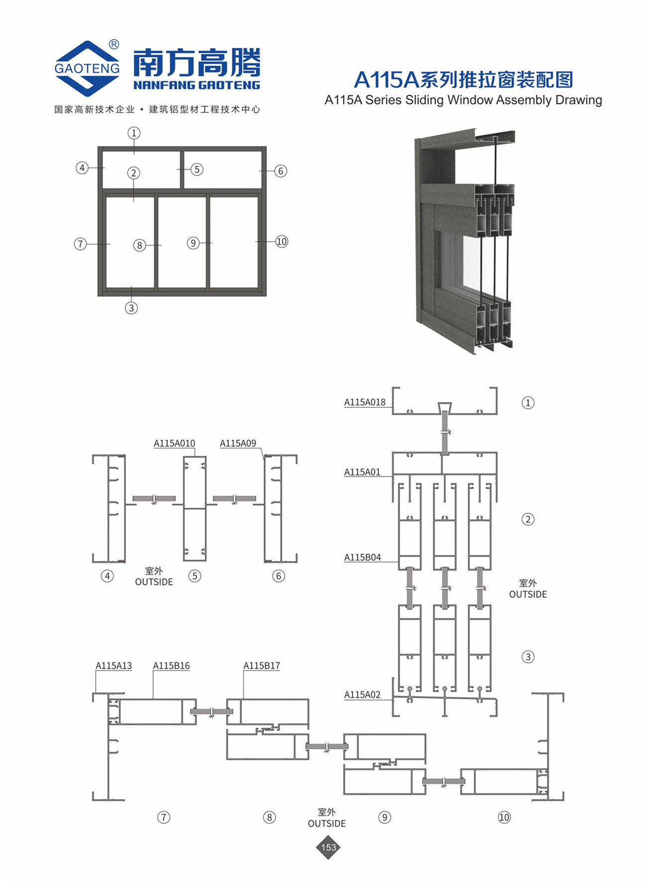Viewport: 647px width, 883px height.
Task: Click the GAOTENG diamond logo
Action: click(x=87, y=68)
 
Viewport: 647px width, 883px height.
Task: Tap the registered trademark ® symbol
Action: click(x=114, y=44)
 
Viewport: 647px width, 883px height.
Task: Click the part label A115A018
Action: click(x=365, y=402)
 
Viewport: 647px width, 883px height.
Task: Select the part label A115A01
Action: click(x=362, y=472)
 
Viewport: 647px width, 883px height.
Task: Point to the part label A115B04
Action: click(x=362, y=558)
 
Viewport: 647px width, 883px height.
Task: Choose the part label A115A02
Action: click(x=362, y=695)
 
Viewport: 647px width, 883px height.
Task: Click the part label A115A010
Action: click(x=174, y=443)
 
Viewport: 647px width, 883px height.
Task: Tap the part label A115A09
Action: click(x=238, y=443)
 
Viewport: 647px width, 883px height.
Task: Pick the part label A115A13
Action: click(x=114, y=666)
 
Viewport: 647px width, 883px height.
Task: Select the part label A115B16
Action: click(x=171, y=666)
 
